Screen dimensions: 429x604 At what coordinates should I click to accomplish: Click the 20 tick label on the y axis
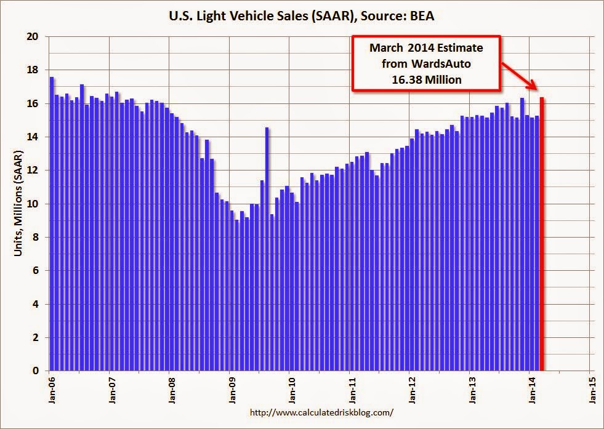tap(33, 37)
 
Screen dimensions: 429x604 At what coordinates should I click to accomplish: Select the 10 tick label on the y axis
tap(33, 204)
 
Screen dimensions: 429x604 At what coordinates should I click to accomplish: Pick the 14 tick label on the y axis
tap(33, 137)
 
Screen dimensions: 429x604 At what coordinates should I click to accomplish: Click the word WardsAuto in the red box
tap(440, 63)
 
